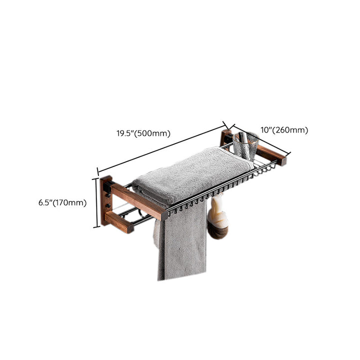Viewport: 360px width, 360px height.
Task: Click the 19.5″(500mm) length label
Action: coord(143,133)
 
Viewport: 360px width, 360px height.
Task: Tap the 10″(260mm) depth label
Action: coord(284,130)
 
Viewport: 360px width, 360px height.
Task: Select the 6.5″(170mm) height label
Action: coord(62,202)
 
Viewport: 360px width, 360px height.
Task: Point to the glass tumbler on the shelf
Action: coord(245,146)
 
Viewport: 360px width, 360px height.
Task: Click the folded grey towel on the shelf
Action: coord(193,175)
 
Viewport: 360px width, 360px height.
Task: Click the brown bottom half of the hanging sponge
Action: coord(218,232)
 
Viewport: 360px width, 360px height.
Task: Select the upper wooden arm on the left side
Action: coord(139,201)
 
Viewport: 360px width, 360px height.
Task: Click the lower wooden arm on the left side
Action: coord(119,222)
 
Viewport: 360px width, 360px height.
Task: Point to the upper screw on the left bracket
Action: coord(107,195)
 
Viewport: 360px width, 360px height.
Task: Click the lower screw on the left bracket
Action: coord(108,205)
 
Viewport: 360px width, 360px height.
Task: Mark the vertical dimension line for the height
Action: coord(96,203)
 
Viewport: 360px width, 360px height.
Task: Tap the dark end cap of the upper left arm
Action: coord(164,215)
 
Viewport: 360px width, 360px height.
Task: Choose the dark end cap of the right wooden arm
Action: coord(284,161)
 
